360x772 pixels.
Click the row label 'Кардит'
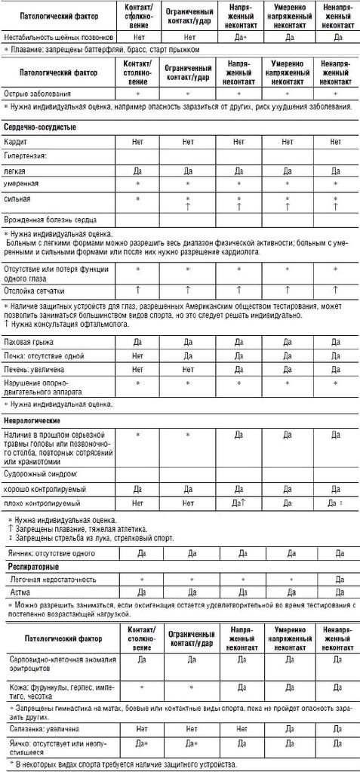pos(16,141)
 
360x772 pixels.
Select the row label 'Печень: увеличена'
pos(34,369)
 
